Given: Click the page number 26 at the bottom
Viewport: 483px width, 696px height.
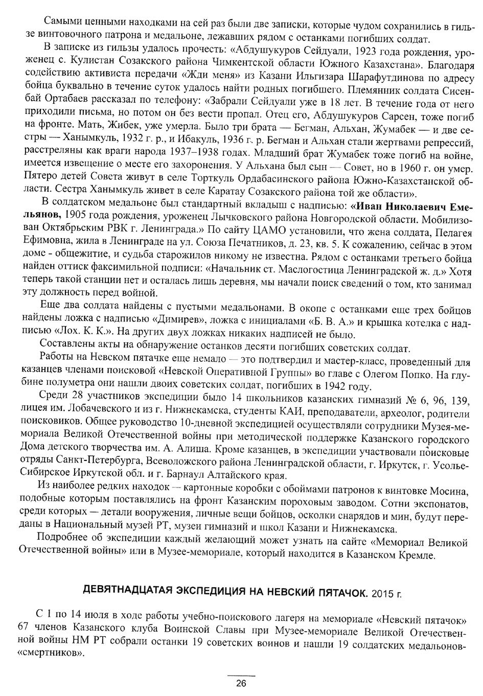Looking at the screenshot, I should click(241, 684).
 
